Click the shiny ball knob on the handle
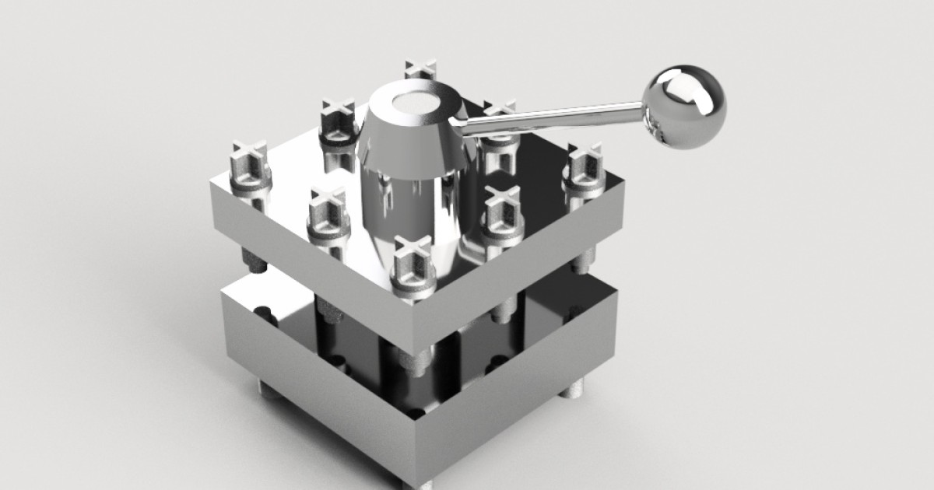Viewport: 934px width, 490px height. [684, 106]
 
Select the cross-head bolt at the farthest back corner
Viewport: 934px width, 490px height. [420, 72]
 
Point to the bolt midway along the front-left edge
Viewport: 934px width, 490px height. [327, 214]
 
